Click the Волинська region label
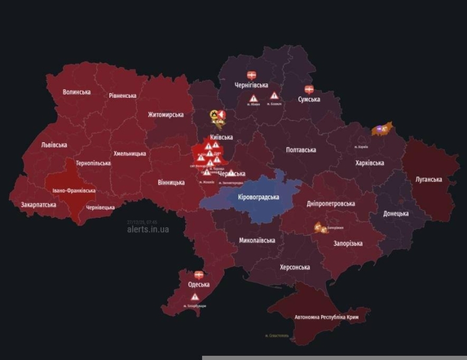pyautogui.click(x=77, y=92)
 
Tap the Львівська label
pyautogui.click(x=54, y=145)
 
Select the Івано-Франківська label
pyautogui.click(x=74, y=190)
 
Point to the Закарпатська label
pyautogui.click(x=38, y=205)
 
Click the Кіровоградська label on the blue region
pyautogui.click(x=258, y=197)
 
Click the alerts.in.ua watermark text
pyautogui.click(x=148, y=229)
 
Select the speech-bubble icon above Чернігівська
pyautogui.click(x=251, y=76)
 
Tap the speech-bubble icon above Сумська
pyautogui.click(x=309, y=89)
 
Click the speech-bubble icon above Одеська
pyautogui.click(x=198, y=275)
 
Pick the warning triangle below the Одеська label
pyautogui.click(x=195, y=297)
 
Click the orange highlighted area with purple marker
pyautogui.click(x=381, y=128)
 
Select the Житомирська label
pyautogui.click(x=165, y=114)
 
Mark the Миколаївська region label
pyautogui.click(x=257, y=240)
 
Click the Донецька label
pyautogui.click(x=396, y=213)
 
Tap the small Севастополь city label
pyautogui.click(x=276, y=335)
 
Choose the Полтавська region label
pyautogui.click(x=300, y=149)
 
